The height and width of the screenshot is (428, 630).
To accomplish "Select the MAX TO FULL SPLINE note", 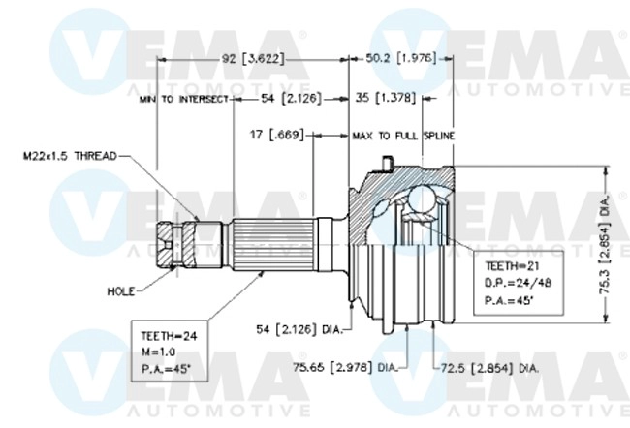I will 403,136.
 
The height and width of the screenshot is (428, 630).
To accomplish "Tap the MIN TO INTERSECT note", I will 182,99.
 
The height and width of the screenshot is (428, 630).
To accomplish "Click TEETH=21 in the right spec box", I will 503,264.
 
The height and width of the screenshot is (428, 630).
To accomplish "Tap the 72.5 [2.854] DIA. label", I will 489,368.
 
